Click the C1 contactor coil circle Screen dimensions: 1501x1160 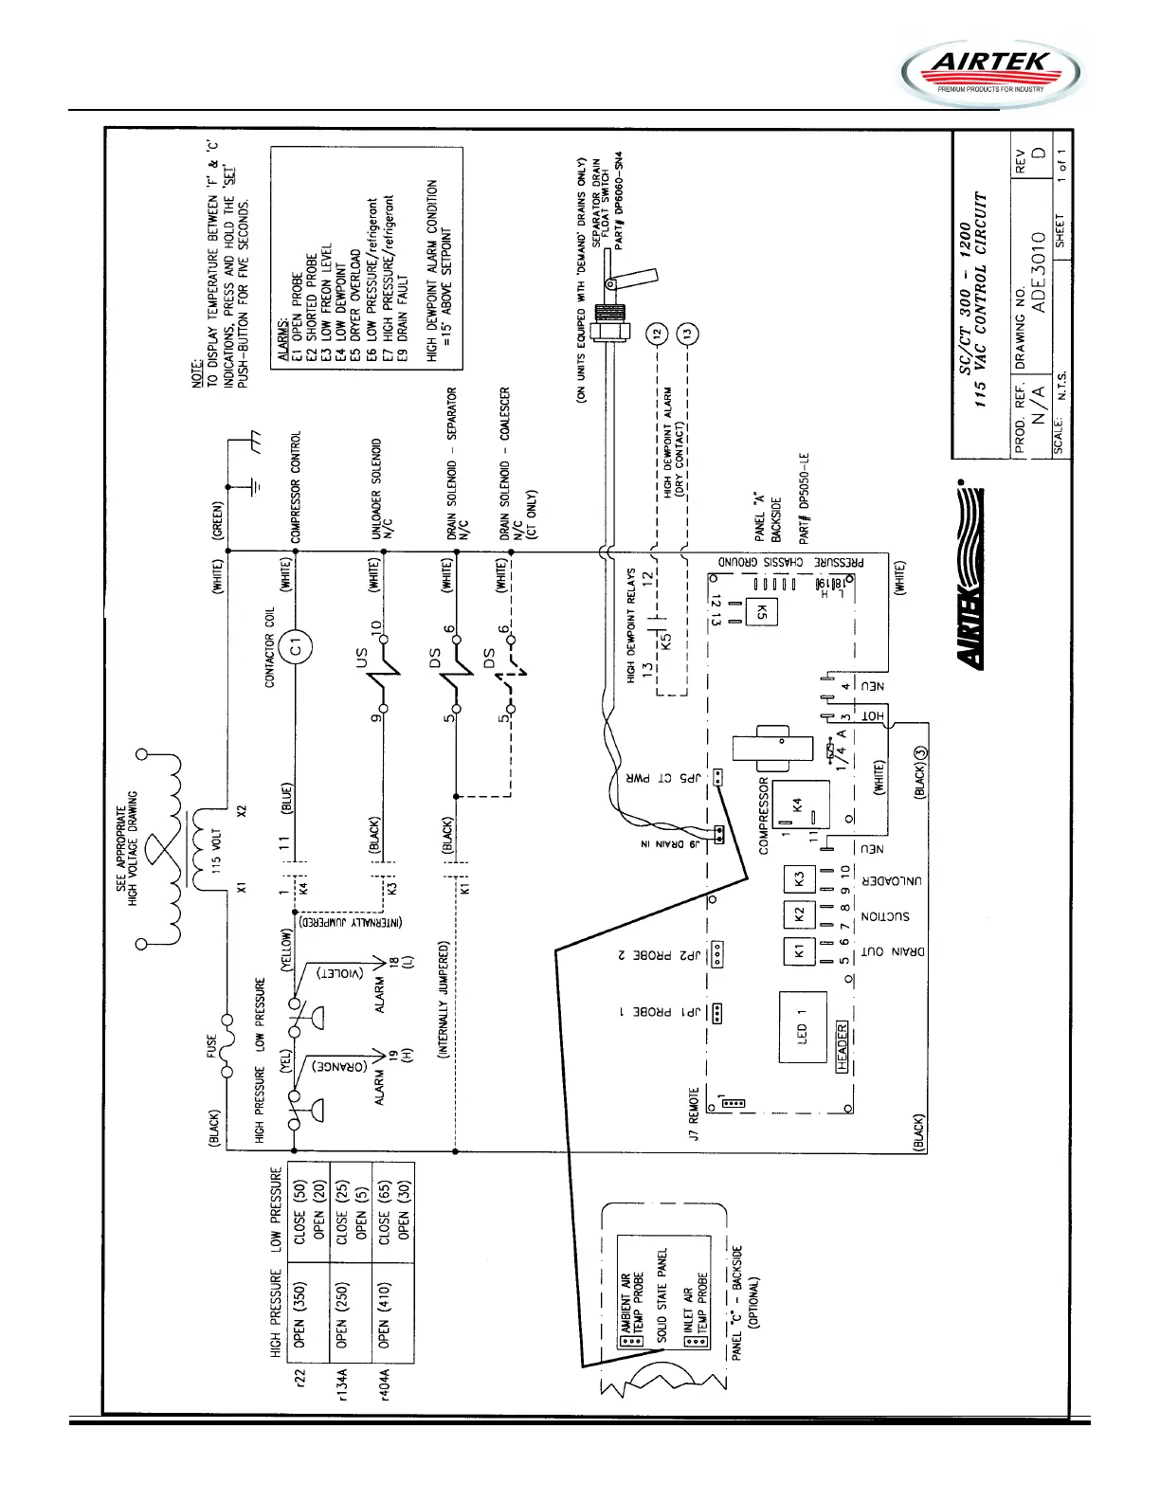pyautogui.click(x=296, y=646)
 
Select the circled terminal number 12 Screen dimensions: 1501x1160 pyautogui.click(x=658, y=334)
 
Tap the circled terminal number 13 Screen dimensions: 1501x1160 pyautogui.click(x=688, y=334)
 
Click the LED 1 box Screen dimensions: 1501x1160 pyautogui.click(x=803, y=1027)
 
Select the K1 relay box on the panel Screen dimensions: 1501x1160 pyautogui.click(x=798, y=949)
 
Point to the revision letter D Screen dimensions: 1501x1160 pyautogui.click(x=1039, y=178)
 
